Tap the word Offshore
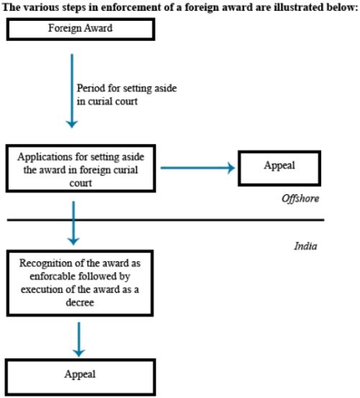pyautogui.click(x=300, y=199)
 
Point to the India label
pyautogui.click(x=305, y=246)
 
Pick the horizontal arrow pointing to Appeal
pyautogui.click(x=198, y=168)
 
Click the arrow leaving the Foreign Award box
pyautogui.click(x=72, y=91)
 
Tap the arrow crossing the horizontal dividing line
pyautogui.click(x=73, y=223)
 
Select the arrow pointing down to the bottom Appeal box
pyautogui.click(x=78, y=340)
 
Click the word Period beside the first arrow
pyautogui.click(x=91, y=89)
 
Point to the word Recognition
pyautogui.click(x=45, y=263)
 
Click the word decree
pyautogui.click(x=80, y=302)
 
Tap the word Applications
pyautogui.click(x=45, y=157)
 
